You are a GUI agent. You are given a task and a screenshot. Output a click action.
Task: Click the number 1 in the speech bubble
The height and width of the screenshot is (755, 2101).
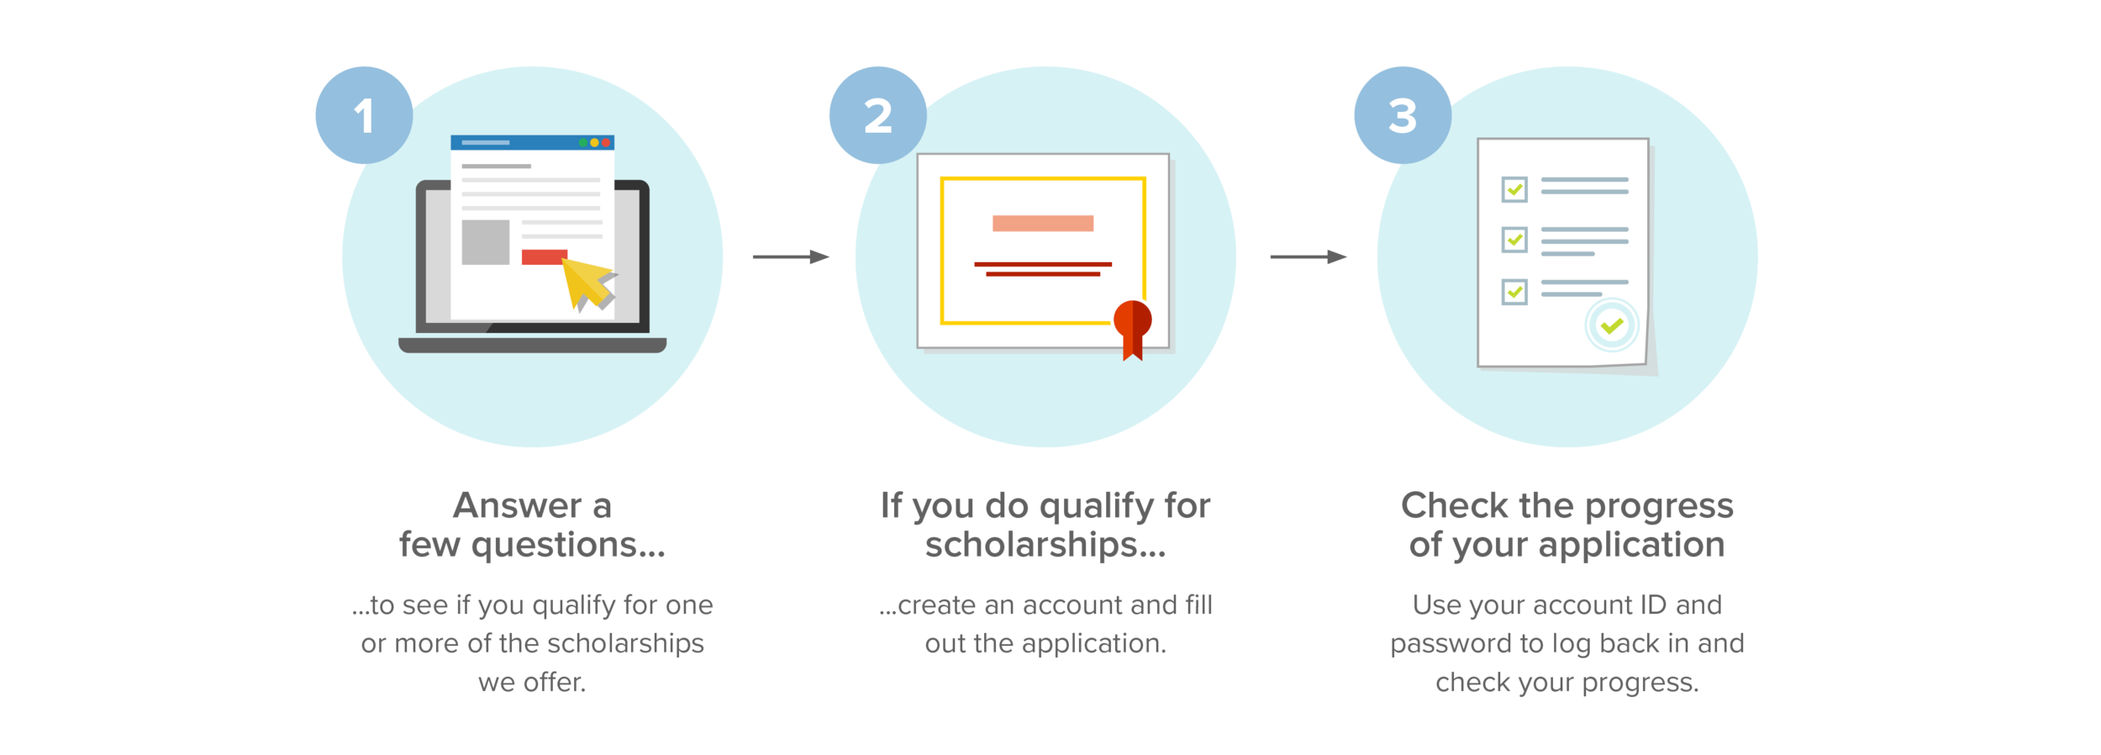[363, 116]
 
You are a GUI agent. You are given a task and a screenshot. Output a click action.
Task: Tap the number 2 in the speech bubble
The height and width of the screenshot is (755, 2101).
[877, 116]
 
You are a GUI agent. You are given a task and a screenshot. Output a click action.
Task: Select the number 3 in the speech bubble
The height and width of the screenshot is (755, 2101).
[1402, 116]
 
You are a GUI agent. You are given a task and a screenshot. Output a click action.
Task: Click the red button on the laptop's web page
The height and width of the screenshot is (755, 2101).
[544, 256]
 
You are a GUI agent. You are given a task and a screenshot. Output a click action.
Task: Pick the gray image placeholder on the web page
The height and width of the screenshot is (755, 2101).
[486, 242]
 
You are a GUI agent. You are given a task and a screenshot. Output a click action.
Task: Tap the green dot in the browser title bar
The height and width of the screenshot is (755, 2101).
[583, 143]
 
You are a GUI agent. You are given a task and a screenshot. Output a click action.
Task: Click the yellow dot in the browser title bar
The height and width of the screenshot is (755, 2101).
[594, 143]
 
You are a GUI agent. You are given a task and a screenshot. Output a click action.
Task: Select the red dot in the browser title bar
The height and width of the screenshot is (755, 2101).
[606, 143]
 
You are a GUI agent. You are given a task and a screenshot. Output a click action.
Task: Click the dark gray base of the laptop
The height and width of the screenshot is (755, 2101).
[532, 345]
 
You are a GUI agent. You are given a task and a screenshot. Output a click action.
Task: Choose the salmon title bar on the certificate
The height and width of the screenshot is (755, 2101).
[1043, 223]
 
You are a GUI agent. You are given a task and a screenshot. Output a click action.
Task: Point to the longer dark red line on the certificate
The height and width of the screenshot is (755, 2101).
[1043, 264]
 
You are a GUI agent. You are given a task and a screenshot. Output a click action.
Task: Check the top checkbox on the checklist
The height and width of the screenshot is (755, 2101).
[1514, 189]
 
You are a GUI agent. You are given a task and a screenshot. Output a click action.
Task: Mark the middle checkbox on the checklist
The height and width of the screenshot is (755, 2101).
[1514, 240]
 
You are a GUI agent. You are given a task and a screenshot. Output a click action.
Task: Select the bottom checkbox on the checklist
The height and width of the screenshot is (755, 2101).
[1514, 292]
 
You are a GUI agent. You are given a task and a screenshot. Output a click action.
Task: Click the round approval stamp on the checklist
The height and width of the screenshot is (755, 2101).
[1611, 325]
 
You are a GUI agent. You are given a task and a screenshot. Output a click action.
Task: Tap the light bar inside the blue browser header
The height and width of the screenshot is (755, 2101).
[486, 143]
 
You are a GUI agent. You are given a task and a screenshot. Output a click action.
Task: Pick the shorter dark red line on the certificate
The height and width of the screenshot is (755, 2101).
[1043, 274]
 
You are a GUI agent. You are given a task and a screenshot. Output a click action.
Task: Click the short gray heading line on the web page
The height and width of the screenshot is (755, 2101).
[496, 166]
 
